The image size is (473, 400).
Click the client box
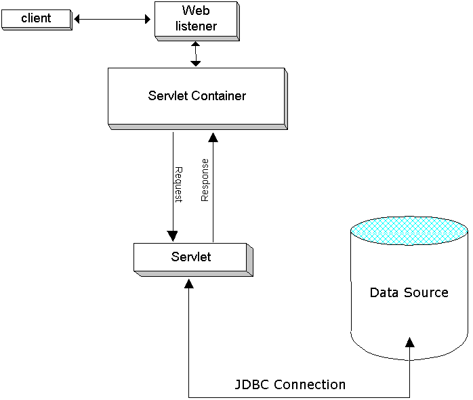(36, 18)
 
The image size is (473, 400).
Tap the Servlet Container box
(197, 96)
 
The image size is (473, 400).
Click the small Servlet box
(190, 257)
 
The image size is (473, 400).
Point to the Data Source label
(409, 292)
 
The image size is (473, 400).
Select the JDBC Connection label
(290, 384)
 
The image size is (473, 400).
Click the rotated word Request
(179, 184)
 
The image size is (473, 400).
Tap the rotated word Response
(205, 180)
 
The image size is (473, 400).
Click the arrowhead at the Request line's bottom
(173, 236)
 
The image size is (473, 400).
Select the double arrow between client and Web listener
(112, 20)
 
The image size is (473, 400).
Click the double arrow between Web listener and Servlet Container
(196, 53)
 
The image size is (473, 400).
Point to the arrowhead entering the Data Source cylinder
(409, 342)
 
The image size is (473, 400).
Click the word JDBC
(251, 384)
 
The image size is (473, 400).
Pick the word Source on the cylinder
(428, 292)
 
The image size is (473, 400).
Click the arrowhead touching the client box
(77, 20)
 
